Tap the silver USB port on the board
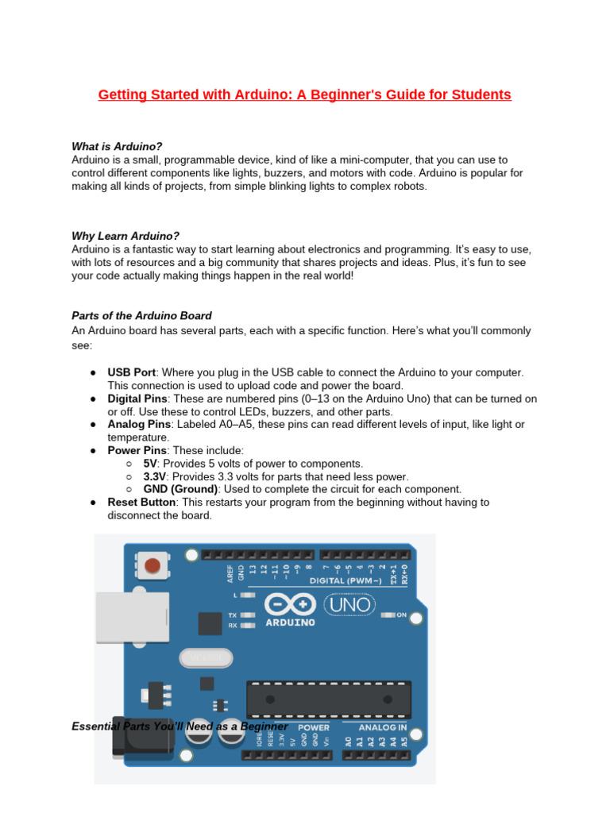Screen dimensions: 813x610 click(x=131, y=623)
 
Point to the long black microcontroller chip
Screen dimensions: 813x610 click(x=329, y=699)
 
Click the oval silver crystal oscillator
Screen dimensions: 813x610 click(x=207, y=657)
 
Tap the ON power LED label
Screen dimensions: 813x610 click(x=401, y=615)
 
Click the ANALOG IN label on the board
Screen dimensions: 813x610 click(x=383, y=727)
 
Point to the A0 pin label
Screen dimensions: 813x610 click(x=348, y=742)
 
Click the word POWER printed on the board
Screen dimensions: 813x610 click(x=313, y=727)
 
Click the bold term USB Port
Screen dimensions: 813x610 click(x=132, y=372)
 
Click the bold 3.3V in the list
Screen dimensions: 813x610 click(x=154, y=476)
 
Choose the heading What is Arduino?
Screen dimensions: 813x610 click(x=117, y=147)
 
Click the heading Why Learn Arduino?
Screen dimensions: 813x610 click(x=125, y=236)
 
